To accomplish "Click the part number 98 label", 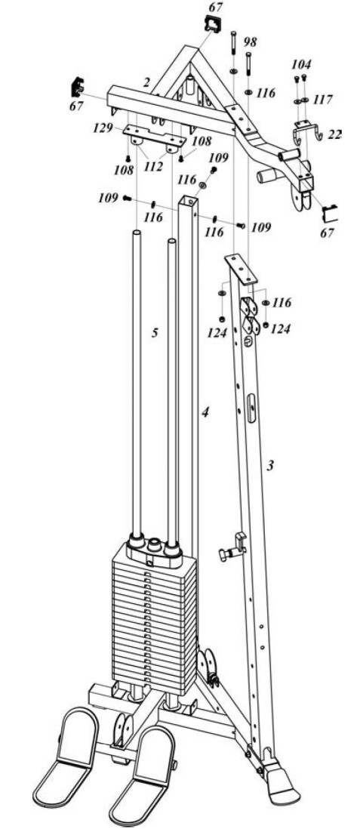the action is pos(251,42).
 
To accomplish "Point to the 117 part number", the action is pos(322,100).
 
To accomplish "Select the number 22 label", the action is pos(334,135).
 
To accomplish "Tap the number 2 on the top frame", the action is pos(147,82).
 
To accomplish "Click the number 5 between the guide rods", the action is pos(155,332).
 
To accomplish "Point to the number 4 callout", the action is pos(205,411).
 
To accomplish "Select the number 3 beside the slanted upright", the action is pos(270,465).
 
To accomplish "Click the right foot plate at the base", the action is pos(141,771).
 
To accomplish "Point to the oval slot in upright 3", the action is pos(251,406).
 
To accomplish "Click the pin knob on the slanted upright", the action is pos(234,549).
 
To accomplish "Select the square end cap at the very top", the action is pos(213,24).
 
